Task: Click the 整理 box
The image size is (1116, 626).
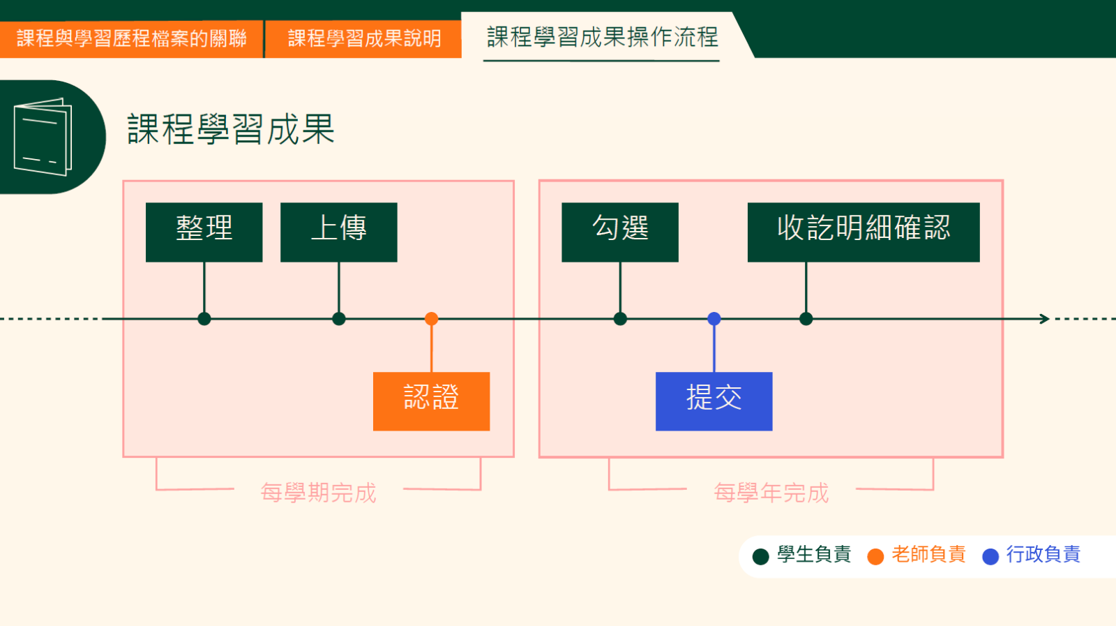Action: (204, 232)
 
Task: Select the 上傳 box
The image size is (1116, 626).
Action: (338, 232)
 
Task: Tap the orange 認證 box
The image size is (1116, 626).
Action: (431, 401)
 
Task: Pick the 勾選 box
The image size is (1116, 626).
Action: (619, 232)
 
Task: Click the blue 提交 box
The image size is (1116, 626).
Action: (714, 401)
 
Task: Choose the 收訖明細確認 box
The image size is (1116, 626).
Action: (863, 232)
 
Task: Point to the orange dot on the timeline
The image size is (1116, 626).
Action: (431, 319)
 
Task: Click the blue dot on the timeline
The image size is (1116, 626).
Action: (714, 319)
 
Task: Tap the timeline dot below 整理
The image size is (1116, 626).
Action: (204, 319)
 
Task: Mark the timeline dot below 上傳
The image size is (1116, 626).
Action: (338, 319)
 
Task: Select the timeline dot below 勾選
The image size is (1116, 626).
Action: (619, 319)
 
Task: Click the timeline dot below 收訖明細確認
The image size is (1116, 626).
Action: (806, 319)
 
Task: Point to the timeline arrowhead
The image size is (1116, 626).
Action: (1044, 319)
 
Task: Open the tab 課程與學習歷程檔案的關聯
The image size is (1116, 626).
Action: (131, 38)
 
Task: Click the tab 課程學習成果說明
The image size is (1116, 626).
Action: (363, 38)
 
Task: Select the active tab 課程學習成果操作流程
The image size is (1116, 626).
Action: (602, 37)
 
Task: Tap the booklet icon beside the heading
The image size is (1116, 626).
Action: (43, 137)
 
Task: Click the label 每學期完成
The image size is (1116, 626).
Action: (318, 493)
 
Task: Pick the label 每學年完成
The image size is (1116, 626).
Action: (771, 493)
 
